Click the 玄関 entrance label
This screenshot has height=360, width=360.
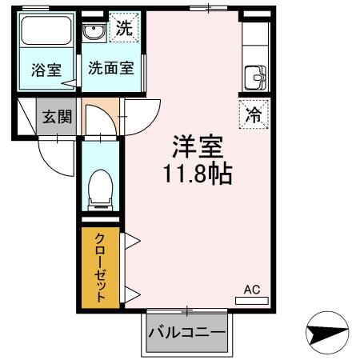[x=57, y=116]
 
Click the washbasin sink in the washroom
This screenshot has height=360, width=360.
[x=94, y=33]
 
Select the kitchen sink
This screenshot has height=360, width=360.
[x=256, y=78]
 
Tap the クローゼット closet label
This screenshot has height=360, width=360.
[x=99, y=267]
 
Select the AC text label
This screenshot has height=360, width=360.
[x=252, y=289]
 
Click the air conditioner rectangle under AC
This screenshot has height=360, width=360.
[x=252, y=301]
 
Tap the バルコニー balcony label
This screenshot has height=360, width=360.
[x=186, y=332]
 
